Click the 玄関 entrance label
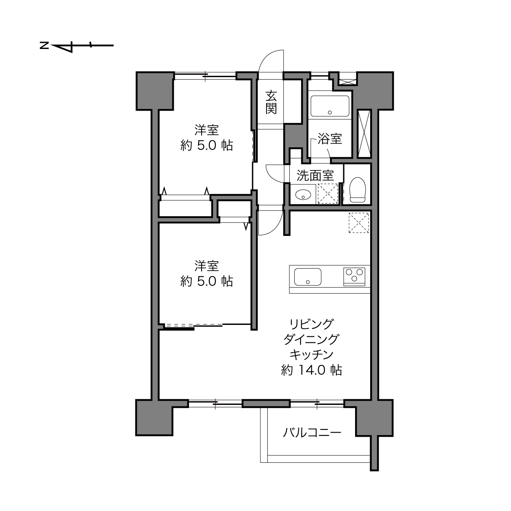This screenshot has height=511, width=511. pyautogui.click(x=271, y=102)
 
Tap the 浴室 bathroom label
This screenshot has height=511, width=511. pyautogui.click(x=330, y=139)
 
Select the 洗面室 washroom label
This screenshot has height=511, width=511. pyautogui.click(x=315, y=175)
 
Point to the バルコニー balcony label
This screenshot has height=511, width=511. pyautogui.click(x=312, y=433)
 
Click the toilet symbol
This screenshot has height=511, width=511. pyautogui.click(x=358, y=190)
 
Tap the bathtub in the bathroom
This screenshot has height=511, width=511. pyautogui.click(x=330, y=106)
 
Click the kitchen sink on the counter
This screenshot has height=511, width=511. pyautogui.click(x=308, y=277)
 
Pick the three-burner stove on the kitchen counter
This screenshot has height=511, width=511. pyautogui.click(x=354, y=277)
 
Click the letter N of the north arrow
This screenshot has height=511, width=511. pyautogui.click(x=44, y=46)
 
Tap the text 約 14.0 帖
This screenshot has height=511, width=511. pyautogui.click(x=311, y=370)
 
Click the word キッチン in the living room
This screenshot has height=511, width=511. pyautogui.click(x=311, y=355)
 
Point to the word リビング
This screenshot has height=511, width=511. pyautogui.click(x=311, y=324)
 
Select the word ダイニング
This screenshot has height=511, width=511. pyautogui.click(x=311, y=339)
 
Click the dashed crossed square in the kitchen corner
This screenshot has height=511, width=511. pyautogui.click(x=359, y=223)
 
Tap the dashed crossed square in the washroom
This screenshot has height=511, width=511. pyautogui.click(x=328, y=194)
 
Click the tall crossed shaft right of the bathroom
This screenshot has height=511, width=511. pyautogui.click(x=364, y=133)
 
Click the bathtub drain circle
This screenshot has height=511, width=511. pyautogui.click(x=330, y=112)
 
